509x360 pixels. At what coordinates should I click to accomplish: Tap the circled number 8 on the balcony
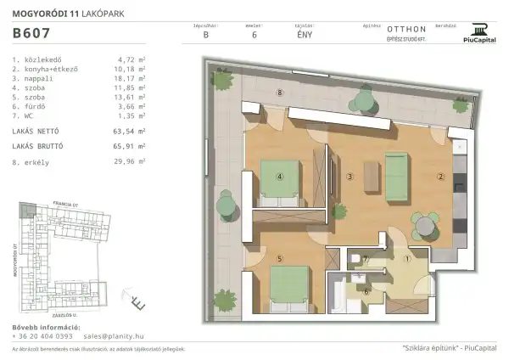279,92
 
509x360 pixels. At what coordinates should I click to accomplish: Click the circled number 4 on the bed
279,177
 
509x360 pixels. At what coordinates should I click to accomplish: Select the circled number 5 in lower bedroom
279,258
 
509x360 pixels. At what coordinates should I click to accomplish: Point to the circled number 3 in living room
350,177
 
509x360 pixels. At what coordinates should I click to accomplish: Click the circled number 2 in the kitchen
440,177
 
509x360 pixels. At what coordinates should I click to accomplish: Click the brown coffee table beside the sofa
371,177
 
